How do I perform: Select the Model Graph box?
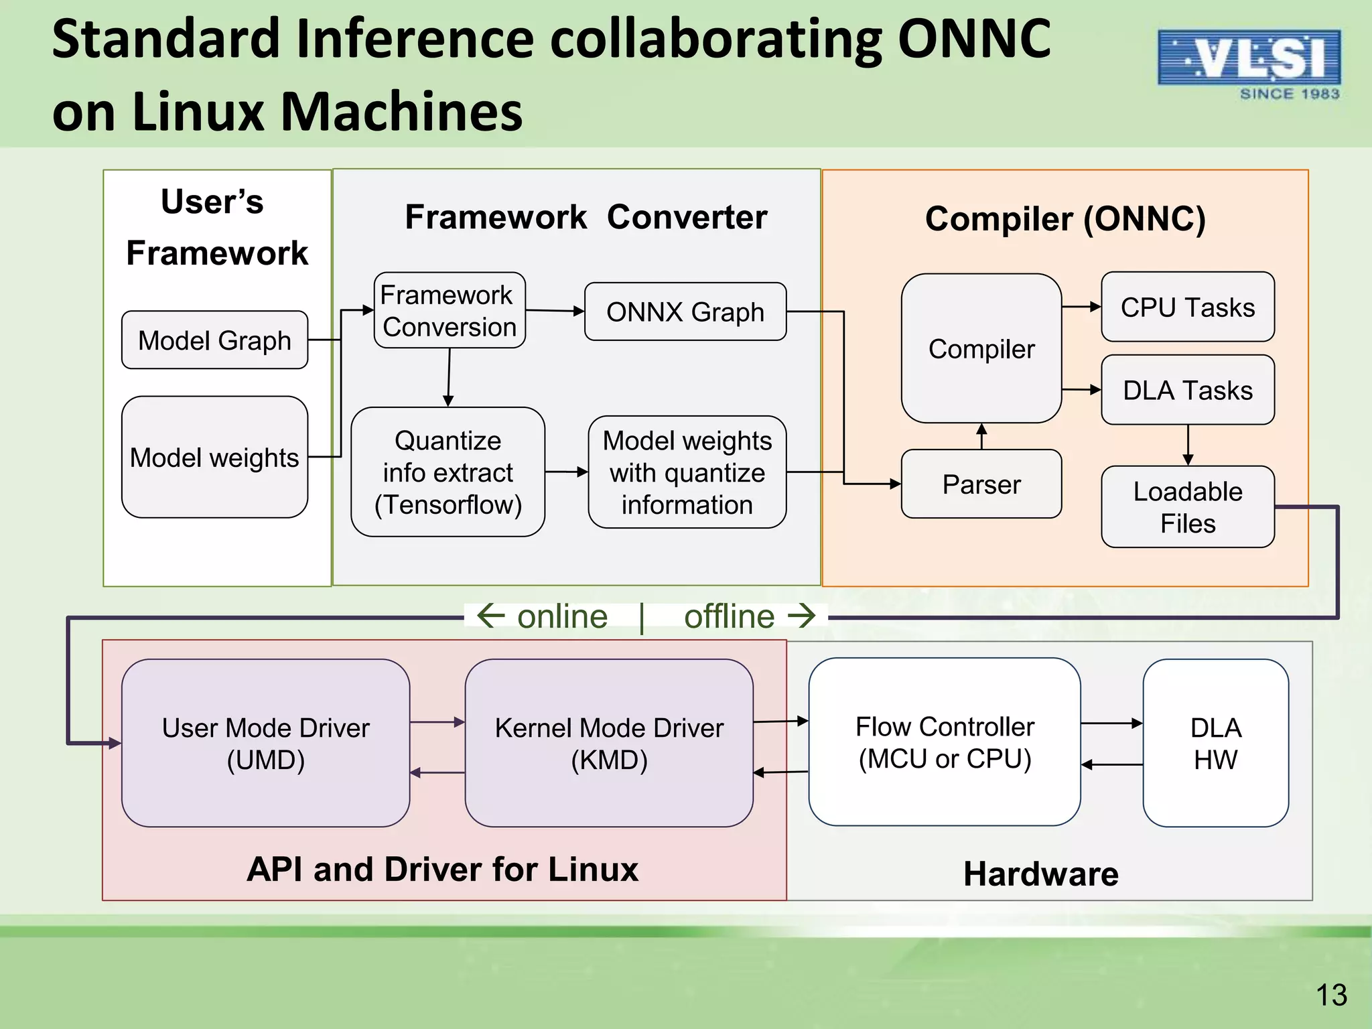tap(214, 340)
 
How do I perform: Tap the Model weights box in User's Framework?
tap(214, 457)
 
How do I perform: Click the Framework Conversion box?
tap(449, 310)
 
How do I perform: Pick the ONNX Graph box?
tap(685, 312)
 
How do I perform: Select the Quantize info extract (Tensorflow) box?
tap(448, 472)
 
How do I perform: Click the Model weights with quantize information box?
tap(687, 472)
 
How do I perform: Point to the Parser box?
tap(981, 484)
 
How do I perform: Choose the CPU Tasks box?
tap(1187, 307)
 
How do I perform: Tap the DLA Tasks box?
tap(1187, 390)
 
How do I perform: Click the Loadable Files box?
tap(1187, 507)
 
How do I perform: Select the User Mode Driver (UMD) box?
tap(265, 743)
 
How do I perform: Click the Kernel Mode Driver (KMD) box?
tap(608, 743)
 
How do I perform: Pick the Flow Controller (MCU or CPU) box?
tap(944, 742)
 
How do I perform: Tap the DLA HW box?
tap(1215, 743)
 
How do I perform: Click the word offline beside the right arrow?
tap(729, 616)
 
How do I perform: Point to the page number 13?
tap(1330, 995)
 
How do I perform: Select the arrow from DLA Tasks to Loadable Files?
tap(1188, 445)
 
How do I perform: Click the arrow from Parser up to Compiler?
tap(981, 436)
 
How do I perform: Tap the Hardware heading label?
tap(1040, 874)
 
